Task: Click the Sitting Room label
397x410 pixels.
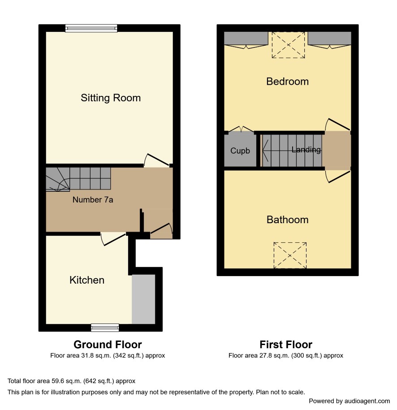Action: tap(111, 98)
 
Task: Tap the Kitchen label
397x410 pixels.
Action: tap(87, 280)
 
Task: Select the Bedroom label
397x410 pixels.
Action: tap(287, 82)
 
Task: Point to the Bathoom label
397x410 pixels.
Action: tap(287, 220)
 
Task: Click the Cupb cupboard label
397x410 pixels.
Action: tap(240, 151)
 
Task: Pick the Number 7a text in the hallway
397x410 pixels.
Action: tap(93, 200)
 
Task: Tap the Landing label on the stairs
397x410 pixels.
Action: tap(306, 150)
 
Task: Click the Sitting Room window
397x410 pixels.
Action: tap(91, 28)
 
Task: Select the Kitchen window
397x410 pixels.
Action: tap(105, 328)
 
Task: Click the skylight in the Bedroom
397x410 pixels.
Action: tap(288, 45)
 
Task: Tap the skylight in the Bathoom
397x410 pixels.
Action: tap(290, 255)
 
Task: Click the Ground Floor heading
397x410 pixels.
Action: tap(108, 345)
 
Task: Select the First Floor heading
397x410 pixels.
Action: tap(286, 345)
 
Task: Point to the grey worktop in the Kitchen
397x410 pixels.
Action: tap(143, 299)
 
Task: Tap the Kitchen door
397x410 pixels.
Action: tap(114, 239)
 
